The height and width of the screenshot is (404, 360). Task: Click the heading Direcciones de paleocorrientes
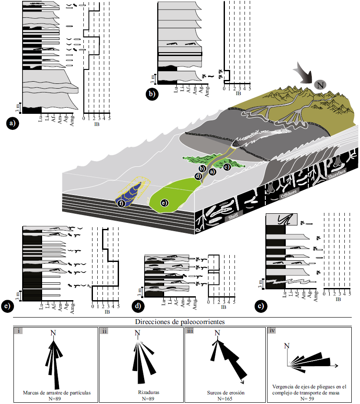[179, 322]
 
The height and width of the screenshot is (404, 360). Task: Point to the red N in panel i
[53, 333]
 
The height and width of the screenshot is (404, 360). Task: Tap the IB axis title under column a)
[96, 124]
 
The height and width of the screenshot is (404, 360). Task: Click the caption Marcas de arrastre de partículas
[56, 393]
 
